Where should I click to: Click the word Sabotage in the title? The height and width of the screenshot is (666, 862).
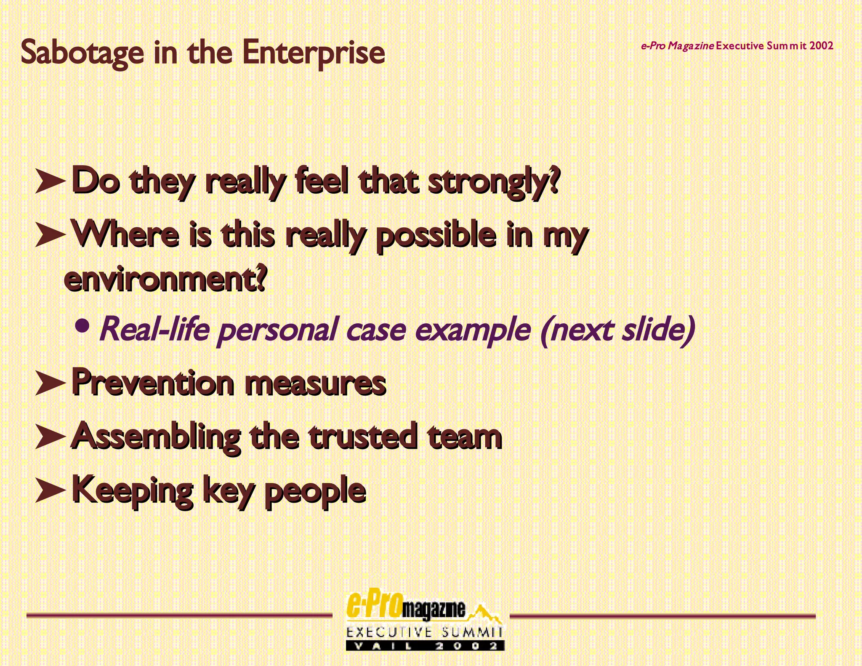coord(82,53)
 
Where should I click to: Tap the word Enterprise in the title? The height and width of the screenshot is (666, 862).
coord(313,53)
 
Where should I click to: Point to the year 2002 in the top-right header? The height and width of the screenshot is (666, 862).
coord(821,45)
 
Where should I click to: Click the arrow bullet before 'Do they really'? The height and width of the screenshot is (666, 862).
coord(50,181)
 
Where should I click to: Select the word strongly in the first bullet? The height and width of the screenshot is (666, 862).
coord(494,182)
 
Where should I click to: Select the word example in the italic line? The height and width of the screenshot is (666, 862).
coord(473,330)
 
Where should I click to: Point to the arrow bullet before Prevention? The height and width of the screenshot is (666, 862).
coord(50,382)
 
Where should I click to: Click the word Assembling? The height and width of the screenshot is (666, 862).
coord(156,437)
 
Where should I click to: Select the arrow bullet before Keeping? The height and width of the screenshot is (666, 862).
coord(50,489)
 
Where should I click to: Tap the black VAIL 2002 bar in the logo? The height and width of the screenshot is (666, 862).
coord(425,646)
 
